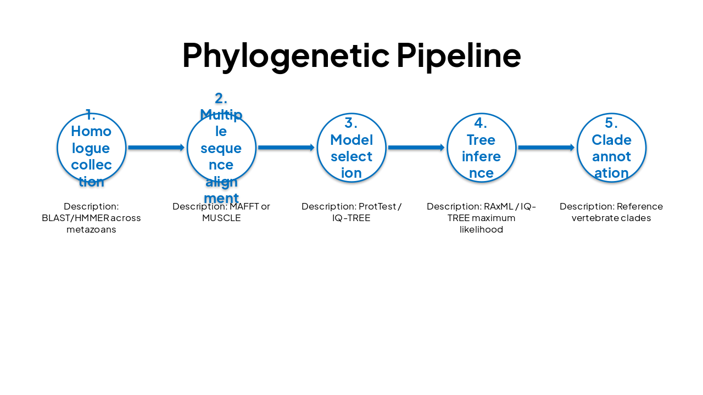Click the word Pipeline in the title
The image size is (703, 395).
(458, 55)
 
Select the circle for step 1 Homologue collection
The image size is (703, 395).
(92, 148)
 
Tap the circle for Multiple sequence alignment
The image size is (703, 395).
(221, 148)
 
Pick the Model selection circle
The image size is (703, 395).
(351, 148)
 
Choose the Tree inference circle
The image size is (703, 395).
(482, 148)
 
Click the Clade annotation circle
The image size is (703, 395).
(611, 148)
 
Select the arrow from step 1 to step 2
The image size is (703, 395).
(157, 148)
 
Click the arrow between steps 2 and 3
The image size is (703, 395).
(286, 148)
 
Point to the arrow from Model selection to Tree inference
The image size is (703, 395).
(416, 148)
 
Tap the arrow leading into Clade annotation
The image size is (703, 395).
(546, 148)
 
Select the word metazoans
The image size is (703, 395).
(91, 229)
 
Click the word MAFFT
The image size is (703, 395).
(244, 206)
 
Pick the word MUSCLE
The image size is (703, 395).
(221, 218)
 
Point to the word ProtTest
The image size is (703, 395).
(377, 206)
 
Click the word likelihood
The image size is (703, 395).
(481, 229)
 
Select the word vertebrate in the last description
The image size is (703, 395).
(596, 218)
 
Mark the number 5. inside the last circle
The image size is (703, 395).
(611, 123)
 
